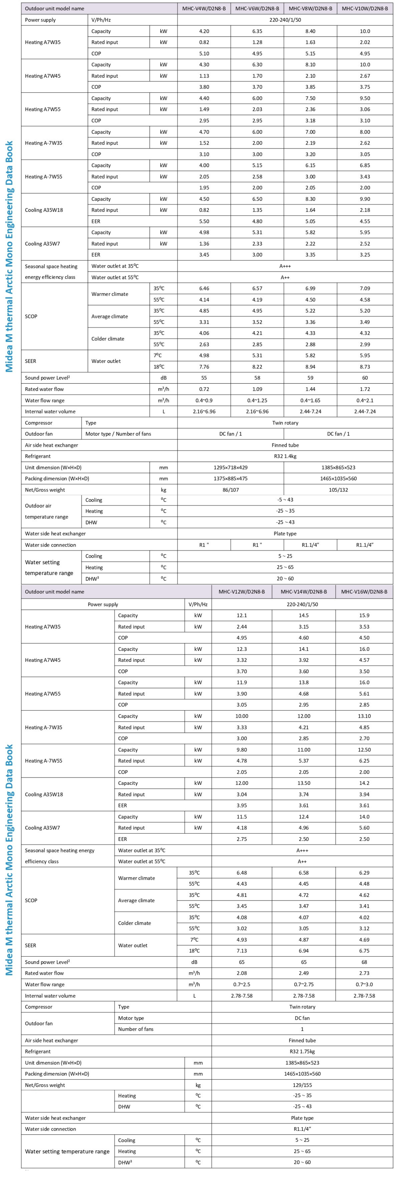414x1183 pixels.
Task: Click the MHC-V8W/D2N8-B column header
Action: pos(310,8)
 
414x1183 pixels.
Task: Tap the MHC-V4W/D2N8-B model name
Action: pos(204,8)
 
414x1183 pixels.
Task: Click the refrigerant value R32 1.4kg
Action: pos(285,456)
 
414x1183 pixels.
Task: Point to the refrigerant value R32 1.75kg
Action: pos(302,1051)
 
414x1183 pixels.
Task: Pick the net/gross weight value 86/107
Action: pos(230,489)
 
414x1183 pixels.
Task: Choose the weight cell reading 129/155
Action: pos(302,1085)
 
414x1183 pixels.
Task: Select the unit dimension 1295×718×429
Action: pos(230,468)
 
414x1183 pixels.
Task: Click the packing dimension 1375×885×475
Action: pos(230,479)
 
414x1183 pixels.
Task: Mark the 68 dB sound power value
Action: pos(364,962)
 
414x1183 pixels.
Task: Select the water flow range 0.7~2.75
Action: pos(303,984)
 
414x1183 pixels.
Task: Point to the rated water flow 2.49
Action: pos(303,973)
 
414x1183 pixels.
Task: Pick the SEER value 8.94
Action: pos(310,366)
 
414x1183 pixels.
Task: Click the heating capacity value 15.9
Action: pos(364,615)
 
